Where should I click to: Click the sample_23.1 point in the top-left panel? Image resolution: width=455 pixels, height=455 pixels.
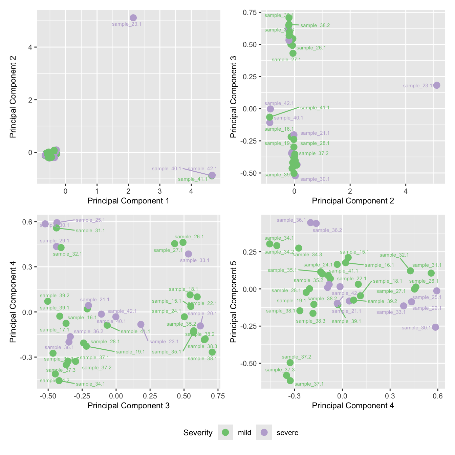[133, 18]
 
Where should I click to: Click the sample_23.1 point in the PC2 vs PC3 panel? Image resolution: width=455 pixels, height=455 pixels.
[437, 85]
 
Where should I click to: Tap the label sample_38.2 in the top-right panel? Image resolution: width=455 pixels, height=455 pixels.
[315, 25]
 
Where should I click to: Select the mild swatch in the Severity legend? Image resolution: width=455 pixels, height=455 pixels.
[225, 432]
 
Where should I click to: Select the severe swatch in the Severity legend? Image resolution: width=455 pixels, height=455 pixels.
[264, 432]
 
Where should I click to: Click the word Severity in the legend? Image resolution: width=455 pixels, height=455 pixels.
[198, 433]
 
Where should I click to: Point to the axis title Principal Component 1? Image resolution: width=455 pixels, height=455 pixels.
[128, 201]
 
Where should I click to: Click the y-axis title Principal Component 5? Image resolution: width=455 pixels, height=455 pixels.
[234, 301]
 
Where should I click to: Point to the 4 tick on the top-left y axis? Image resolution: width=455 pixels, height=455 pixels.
[30, 47]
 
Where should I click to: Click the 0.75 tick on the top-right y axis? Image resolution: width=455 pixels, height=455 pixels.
[250, 13]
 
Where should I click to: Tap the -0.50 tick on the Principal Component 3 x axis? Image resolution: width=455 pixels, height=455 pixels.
[48, 396]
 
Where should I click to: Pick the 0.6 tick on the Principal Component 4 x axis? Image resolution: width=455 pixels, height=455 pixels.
[438, 396]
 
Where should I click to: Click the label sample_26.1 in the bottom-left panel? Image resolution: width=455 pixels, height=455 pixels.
[189, 237]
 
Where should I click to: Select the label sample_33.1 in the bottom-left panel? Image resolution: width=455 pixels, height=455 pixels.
[195, 260]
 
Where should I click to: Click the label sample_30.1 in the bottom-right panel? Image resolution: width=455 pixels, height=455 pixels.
[416, 328]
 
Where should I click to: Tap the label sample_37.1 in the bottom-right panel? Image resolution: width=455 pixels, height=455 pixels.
[309, 384]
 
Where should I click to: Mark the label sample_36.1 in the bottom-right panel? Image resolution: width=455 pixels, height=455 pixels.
[291, 220]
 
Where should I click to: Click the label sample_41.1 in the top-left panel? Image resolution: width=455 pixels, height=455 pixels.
[192, 179]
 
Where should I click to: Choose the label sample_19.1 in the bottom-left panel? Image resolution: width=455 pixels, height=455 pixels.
[130, 352]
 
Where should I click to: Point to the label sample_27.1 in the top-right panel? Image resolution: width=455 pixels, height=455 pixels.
[286, 60]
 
